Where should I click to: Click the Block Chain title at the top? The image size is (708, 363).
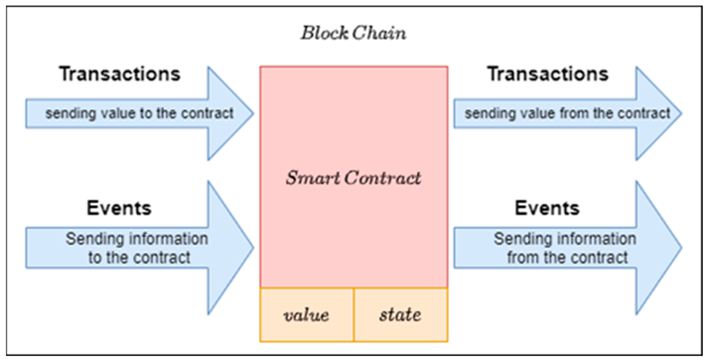353,33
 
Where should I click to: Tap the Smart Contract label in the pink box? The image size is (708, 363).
353,178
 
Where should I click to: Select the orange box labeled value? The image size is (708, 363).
306,315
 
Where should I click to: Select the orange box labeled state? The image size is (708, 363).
401,315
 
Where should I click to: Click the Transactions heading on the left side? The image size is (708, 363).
120,74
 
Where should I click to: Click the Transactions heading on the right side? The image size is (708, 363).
548,74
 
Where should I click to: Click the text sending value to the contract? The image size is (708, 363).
139,113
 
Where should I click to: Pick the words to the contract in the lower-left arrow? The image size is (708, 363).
139,258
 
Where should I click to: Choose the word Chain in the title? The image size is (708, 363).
379,33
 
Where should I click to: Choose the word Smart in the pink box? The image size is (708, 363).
313,178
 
